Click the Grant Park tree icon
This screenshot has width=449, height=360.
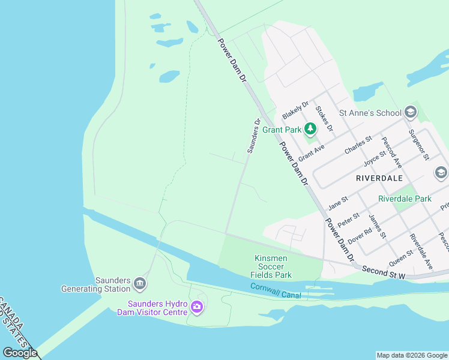[310, 128]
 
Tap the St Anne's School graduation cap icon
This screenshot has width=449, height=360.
[411, 112]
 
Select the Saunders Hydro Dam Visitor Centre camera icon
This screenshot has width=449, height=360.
[197, 308]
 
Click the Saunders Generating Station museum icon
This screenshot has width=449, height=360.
[139, 283]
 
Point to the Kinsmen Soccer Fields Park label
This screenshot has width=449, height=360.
[271, 266]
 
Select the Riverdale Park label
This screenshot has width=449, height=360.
[405, 199]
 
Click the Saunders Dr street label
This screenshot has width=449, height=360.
[253, 136]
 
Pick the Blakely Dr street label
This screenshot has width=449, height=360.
[295, 109]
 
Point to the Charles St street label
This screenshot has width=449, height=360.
[358, 145]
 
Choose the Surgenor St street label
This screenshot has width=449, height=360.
[418, 143]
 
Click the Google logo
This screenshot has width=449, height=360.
[20, 352]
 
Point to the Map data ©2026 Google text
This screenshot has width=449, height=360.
[412, 355]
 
